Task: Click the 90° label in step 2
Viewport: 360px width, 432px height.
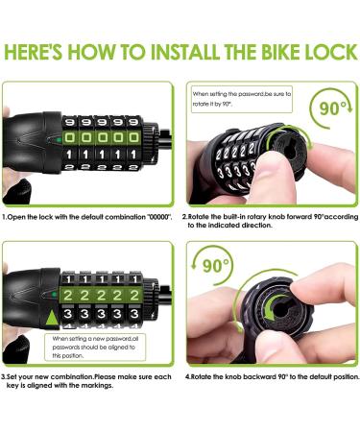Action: click(333, 108)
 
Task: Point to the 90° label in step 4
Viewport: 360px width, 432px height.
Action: click(216, 265)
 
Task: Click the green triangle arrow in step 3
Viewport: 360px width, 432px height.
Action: click(52, 318)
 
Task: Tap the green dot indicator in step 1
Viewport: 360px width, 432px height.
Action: click(59, 140)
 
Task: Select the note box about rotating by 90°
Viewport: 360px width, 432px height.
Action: click(242, 99)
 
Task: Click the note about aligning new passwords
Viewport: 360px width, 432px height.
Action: click(95, 348)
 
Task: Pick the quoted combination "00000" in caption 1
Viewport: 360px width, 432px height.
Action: click(159, 217)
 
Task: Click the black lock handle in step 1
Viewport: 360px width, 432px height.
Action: click(32, 142)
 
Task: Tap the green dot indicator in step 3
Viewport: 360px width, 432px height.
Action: click(54, 295)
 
